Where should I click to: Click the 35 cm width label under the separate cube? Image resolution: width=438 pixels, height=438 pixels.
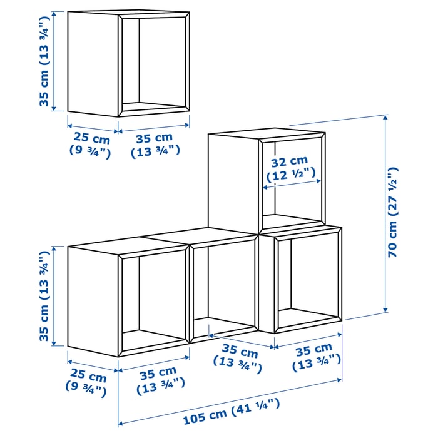pos(155,144)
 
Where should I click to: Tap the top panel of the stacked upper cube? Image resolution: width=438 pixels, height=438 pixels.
pos(266,134)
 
